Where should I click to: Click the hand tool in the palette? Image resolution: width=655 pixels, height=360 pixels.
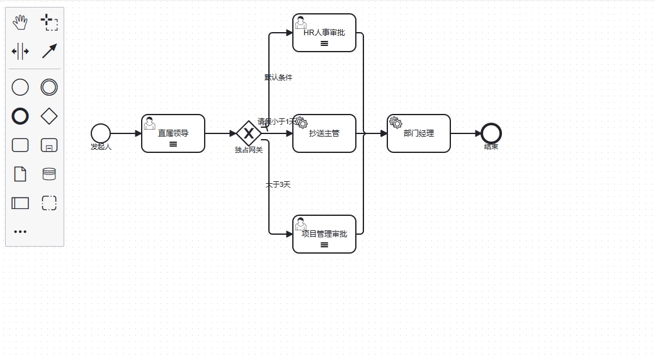point(21,23)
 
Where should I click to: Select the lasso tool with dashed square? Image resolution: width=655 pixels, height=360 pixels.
point(49,23)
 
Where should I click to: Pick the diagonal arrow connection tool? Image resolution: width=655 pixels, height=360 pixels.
point(49,51)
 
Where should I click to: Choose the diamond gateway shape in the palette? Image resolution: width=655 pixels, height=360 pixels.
point(49,116)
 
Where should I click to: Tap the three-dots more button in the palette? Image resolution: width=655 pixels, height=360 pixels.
point(20,232)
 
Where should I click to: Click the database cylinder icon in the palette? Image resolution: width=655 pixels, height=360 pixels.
point(49,174)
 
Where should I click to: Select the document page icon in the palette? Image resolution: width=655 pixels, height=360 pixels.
point(20,174)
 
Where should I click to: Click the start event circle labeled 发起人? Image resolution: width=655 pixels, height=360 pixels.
point(100,133)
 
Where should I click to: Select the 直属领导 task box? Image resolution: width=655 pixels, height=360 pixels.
point(173,133)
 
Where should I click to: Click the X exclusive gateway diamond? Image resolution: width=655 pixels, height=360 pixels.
point(249,133)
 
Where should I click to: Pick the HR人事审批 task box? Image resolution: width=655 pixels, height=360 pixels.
point(324,33)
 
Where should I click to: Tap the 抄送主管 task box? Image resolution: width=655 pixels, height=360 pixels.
point(324,133)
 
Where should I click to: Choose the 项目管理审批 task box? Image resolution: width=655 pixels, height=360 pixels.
point(324,234)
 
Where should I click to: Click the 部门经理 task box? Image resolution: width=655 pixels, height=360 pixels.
point(419,133)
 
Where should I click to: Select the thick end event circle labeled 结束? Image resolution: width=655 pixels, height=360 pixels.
point(491,133)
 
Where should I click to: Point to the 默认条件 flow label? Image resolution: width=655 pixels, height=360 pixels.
point(278,77)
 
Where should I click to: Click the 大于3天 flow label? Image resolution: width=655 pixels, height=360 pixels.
point(278,184)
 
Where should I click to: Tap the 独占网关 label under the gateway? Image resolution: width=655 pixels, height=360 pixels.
point(249,150)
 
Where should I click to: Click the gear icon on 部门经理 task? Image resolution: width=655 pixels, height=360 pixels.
point(396,122)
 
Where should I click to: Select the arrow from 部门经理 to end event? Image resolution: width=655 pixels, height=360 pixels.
point(466,133)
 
